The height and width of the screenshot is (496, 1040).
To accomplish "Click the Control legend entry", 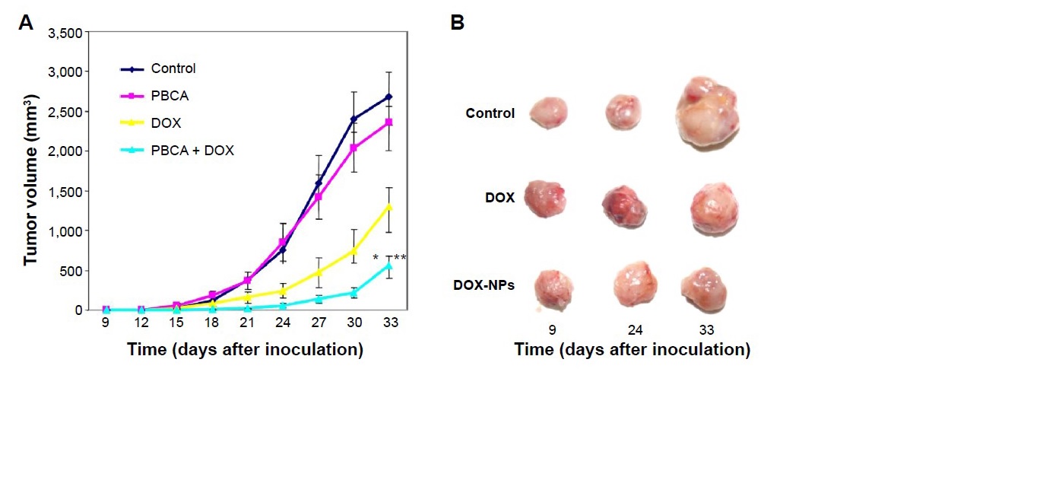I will pos(173,68).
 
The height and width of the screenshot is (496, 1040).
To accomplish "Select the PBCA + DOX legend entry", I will pos(192,151).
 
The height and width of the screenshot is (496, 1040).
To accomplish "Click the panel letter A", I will pos(25,23).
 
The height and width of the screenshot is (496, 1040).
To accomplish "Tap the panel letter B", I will pos(458,23).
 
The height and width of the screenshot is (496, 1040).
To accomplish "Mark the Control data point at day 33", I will pos(388,97).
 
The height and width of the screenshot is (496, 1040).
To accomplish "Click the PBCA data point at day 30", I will pos(354,148).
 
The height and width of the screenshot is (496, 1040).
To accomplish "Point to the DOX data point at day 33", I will pos(388,207).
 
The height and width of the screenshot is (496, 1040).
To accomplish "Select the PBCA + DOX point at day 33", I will pos(388,265).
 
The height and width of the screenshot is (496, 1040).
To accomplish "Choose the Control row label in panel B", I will pos(490,113).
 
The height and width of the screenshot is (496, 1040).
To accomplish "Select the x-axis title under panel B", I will pos(632,350).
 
